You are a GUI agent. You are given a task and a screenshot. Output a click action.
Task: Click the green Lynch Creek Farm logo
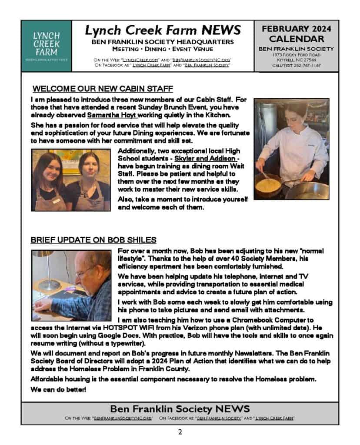point(46,46)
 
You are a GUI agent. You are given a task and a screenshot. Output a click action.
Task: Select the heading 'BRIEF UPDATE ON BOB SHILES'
point(93,240)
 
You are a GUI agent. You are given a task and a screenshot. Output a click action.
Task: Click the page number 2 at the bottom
point(180,432)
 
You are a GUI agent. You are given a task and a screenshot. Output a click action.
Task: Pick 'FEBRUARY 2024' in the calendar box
point(296,29)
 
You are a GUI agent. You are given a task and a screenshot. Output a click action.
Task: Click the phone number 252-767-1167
point(310,65)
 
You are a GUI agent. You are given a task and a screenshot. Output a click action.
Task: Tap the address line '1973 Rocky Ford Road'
point(296,55)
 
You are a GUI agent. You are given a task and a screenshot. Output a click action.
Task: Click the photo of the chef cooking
point(291,149)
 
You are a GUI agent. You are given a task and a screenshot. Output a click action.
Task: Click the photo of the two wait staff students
point(70,180)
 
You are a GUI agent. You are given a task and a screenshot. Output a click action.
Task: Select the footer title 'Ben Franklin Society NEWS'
point(180,409)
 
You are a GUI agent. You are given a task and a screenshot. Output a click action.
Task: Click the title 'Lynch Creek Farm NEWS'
point(163,30)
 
